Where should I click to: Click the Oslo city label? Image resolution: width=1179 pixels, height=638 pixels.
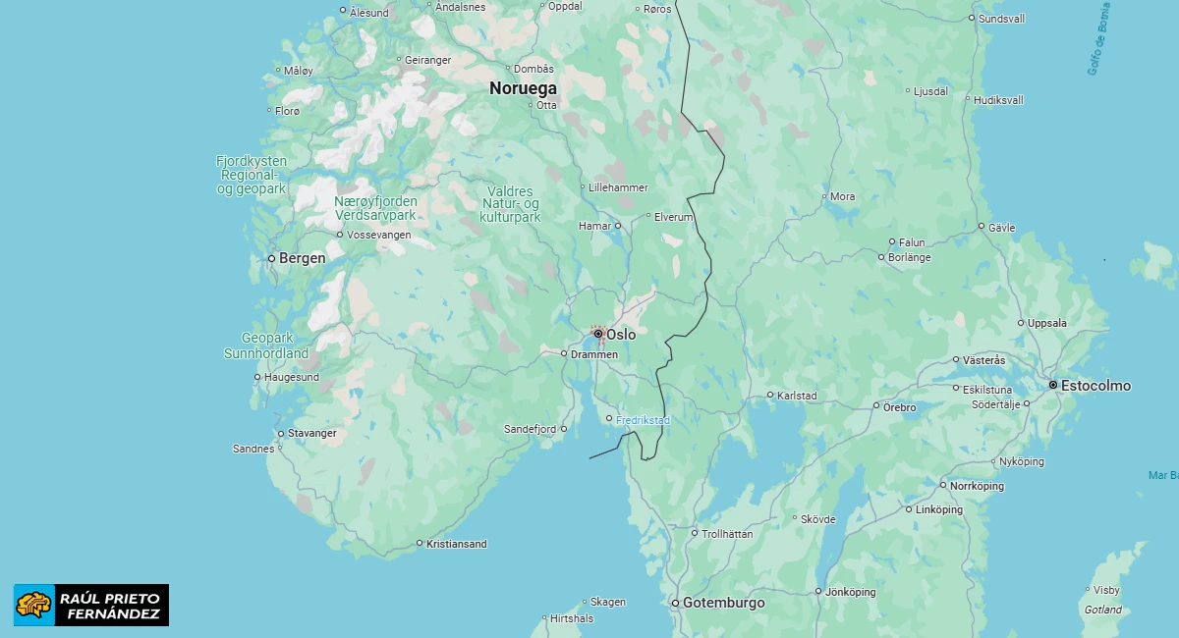pyautogui.click(x=620, y=335)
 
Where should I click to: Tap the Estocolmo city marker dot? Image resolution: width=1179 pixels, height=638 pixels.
pyautogui.click(x=1052, y=385)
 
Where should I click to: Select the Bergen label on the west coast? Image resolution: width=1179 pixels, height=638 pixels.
pyautogui.click(x=302, y=258)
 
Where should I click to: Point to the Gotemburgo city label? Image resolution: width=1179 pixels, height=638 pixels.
pyautogui.click(x=723, y=603)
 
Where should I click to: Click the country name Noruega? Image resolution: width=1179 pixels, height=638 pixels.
pyautogui.click(x=523, y=87)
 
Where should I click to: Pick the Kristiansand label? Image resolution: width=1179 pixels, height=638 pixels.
pyautogui.click(x=456, y=544)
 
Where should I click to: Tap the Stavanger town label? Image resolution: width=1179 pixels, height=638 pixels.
pyautogui.click(x=312, y=433)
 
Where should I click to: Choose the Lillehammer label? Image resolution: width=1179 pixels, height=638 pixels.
pyautogui.click(x=618, y=187)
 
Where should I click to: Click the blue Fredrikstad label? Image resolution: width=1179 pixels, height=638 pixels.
pyautogui.click(x=643, y=421)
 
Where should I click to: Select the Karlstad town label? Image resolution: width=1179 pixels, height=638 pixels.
pyautogui.click(x=797, y=397)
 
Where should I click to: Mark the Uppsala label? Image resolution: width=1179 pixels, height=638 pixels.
pyautogui.click(x=1045, y=323)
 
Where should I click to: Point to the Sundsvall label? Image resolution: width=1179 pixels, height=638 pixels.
pyautogui.click(x=1001, y=19)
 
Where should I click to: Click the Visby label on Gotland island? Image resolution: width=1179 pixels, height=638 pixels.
pyautogui.click(x=1106, y=590)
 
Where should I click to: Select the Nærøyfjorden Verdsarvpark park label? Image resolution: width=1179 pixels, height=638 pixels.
pyautogui.click(x=375, y=208)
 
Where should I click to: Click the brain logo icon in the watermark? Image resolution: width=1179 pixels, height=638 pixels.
pyautogui.click(x=34, y=605)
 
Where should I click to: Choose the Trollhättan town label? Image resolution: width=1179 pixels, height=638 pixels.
pyautogui.click(x=727, y=534)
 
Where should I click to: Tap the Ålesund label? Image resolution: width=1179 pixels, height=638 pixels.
pyautogui.click(x=369, y=13)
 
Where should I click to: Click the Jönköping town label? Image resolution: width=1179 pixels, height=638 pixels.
pyautogui.click(x=850, y=592)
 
